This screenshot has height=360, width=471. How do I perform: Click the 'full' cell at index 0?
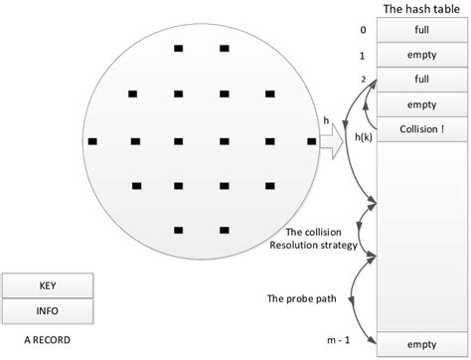(421, 31)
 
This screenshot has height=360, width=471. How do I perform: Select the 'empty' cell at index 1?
(421, 55)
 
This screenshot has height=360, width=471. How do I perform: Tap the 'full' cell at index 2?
(421, 78)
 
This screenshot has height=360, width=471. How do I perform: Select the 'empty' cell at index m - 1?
(421, 344)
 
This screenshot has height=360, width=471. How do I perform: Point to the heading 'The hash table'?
(421, 9)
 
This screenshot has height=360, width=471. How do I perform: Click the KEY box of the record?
(48, 286)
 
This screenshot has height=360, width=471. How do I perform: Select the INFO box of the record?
(48, 311)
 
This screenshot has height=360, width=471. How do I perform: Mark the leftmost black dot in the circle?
(93, 140)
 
